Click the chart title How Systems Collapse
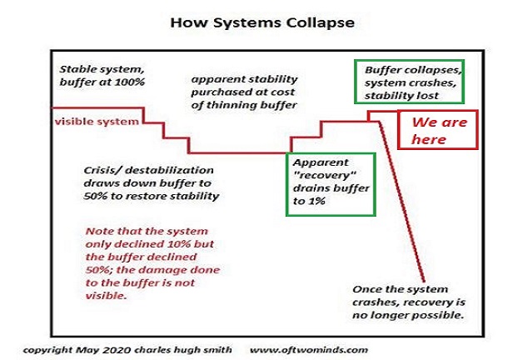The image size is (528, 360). [x=262, y=22]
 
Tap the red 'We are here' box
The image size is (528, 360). [x=436, y=130]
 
